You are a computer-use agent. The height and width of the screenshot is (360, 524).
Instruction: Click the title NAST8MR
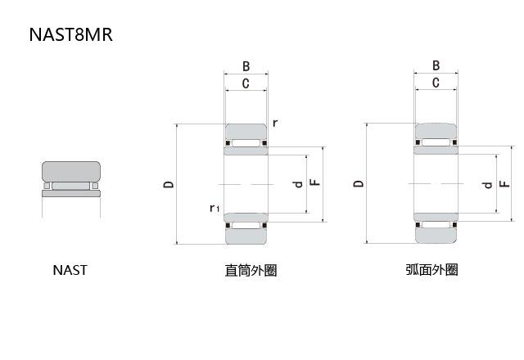[x=70, y=35]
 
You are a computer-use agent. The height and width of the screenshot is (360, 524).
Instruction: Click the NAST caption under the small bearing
[x=70, y=270]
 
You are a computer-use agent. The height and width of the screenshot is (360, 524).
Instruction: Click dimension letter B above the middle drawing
[x=246, y=67]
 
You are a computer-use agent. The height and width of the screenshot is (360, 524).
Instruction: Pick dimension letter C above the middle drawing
[x=246, y=83]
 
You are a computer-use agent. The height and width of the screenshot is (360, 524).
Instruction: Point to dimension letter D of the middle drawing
[x=168, y=184]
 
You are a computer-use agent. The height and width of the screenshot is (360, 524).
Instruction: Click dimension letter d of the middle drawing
[x=298, y=183]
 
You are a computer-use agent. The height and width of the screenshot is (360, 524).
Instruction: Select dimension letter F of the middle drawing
[x=315, y=183]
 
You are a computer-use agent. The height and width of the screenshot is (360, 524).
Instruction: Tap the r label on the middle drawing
[x=275, y=123]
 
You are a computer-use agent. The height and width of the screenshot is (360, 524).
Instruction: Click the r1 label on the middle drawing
[x=214, y=208]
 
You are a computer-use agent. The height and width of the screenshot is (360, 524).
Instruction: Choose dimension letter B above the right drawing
[x=436, y=66]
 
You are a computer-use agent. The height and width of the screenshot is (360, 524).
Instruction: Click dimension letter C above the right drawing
[x=436, y=83]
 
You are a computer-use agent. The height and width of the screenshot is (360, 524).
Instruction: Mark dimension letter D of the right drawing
[x=358, y=184]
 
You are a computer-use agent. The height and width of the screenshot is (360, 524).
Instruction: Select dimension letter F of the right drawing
[x=505, y=184]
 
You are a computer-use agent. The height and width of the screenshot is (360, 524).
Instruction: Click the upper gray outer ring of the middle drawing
[x=246, y=132]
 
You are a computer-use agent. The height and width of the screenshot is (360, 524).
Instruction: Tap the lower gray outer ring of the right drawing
[x=436, y=235]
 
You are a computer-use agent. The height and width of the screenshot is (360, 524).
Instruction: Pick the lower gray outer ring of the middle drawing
[x=246, y=235]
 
